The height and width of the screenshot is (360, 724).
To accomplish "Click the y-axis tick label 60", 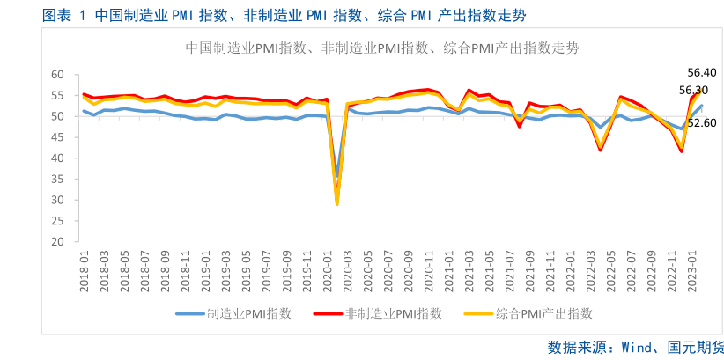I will [59, 75].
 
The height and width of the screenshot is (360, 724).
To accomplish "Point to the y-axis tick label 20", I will [59, 242].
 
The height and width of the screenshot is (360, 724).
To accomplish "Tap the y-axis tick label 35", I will [59, 180].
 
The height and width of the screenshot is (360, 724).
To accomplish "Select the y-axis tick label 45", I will [59, 137].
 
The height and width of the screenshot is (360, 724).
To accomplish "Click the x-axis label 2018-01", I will [85, 268].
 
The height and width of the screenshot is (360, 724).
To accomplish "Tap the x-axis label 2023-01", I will [693, 268].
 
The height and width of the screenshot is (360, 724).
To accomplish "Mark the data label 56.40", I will [703, 72].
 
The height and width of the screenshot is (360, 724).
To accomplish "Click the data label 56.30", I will [693, 90].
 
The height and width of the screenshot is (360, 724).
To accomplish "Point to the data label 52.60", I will [702, 123].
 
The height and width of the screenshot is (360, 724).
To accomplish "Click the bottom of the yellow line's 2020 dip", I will [336, 204].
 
